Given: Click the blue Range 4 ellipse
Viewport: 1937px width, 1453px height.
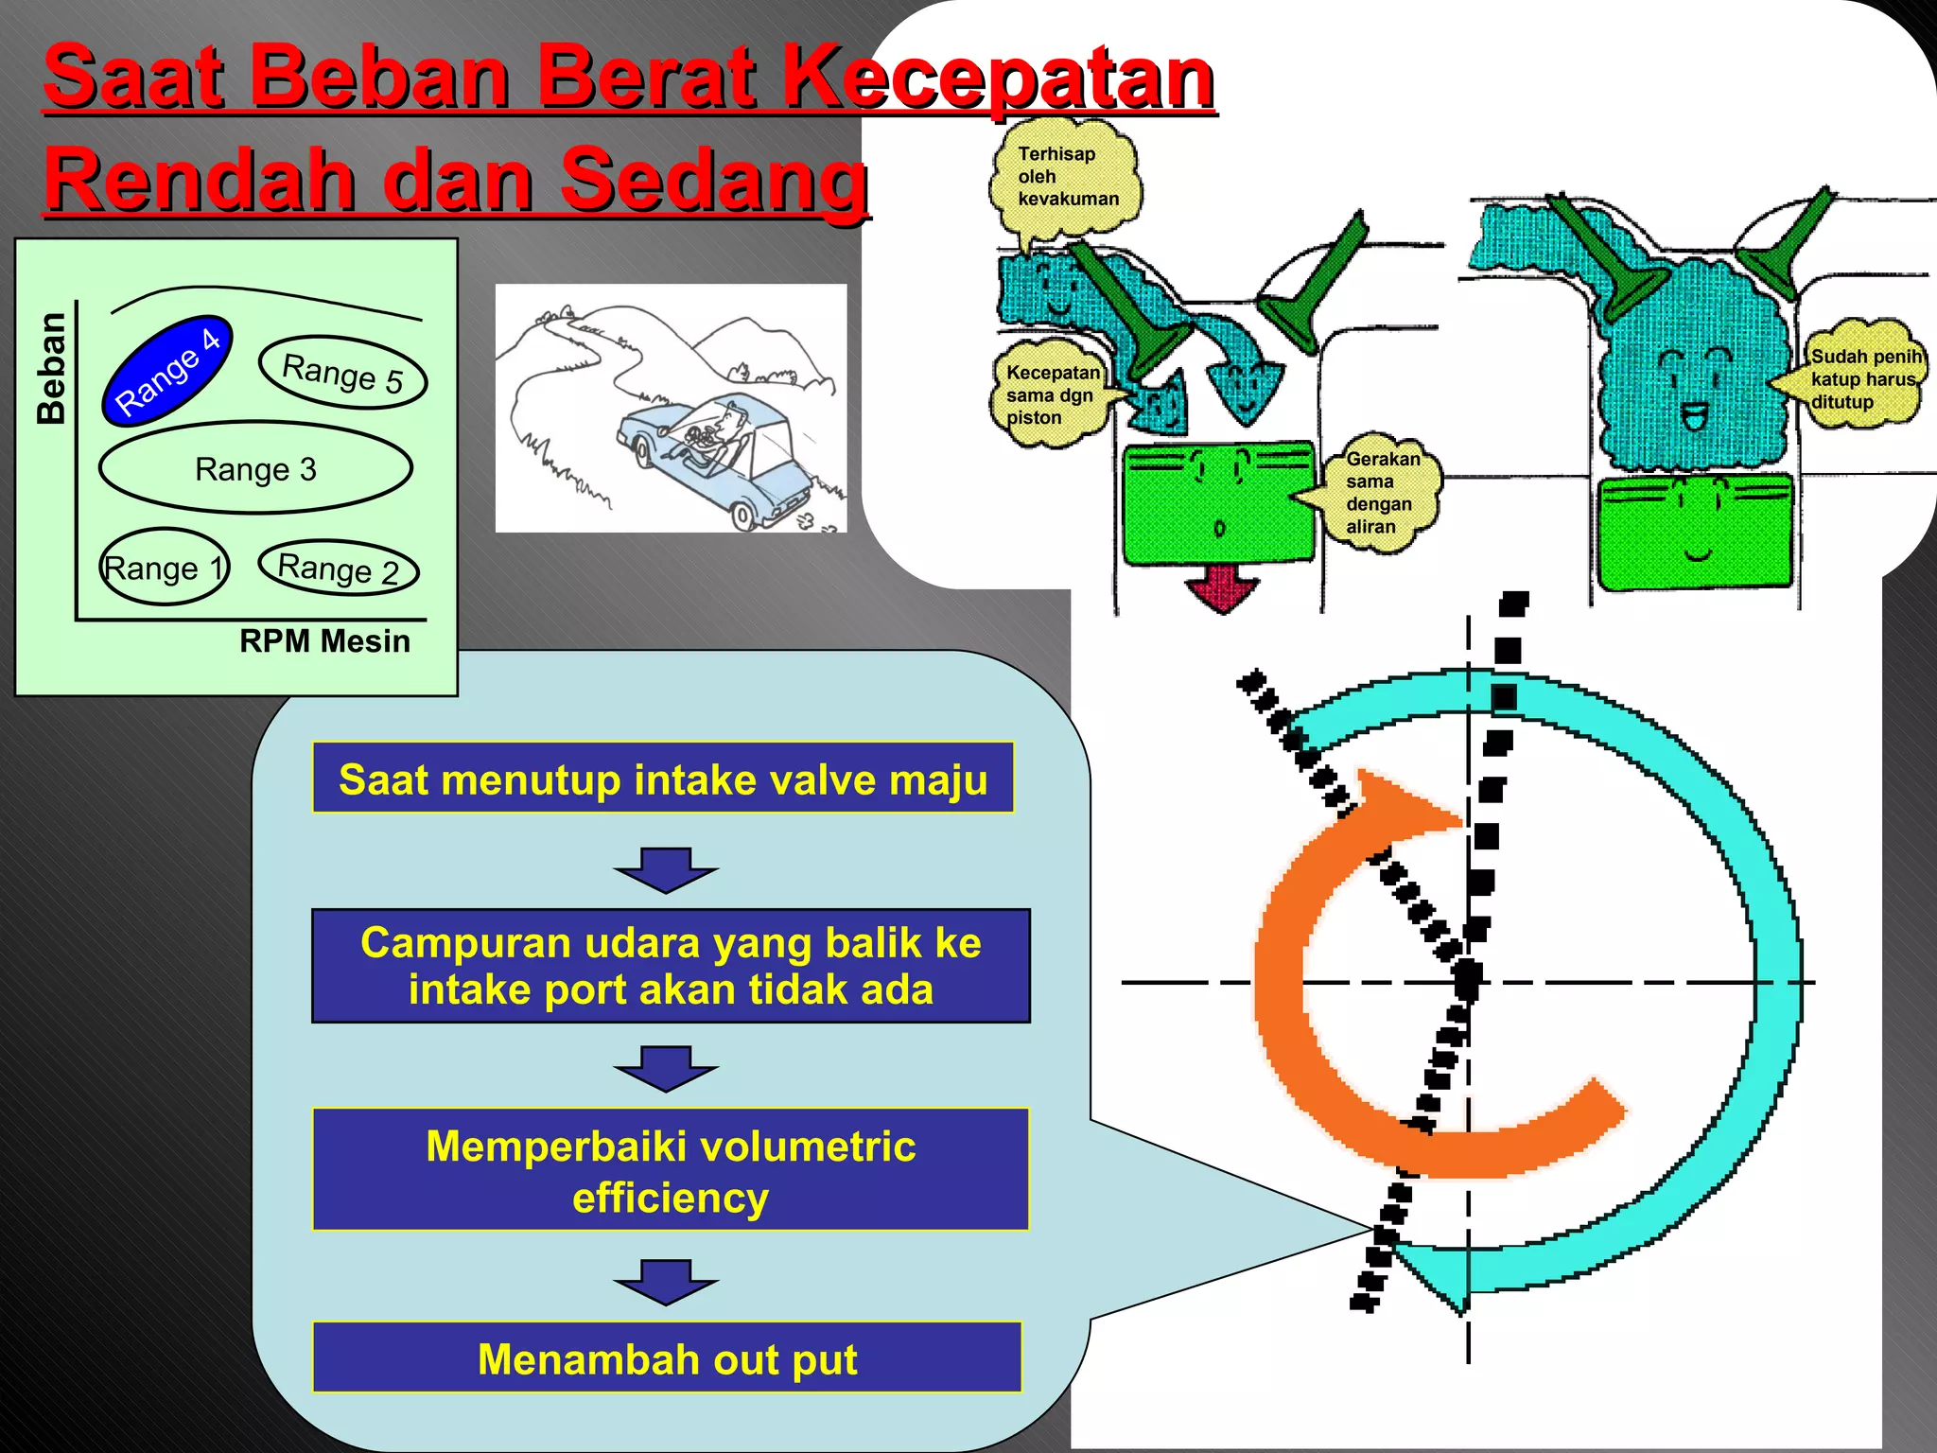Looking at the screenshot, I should (x=166, y=370).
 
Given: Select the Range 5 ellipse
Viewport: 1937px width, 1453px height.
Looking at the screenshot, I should (x=342, y=373).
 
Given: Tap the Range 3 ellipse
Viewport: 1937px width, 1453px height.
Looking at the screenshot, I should (x=255, y=468).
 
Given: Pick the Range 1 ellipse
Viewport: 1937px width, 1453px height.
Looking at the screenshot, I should (x=165, y=567).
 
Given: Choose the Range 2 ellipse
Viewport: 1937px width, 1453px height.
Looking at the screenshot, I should (x=339, y=569).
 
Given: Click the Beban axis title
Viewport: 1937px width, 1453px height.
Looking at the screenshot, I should (x=51, y=368).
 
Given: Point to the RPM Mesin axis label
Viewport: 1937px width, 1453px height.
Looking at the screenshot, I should (x=324, y=641).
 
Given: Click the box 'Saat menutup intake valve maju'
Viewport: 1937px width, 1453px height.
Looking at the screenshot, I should (x=663, y=779).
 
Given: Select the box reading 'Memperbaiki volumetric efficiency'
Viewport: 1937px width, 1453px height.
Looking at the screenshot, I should (x=670, y=1170).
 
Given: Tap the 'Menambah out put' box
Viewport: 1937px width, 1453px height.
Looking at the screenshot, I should (x=667, y=1357).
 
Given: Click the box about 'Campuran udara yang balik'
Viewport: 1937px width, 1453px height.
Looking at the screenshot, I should (x=671, y=966).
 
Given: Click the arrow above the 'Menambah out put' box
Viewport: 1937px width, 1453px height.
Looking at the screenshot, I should (x=666, y=1282).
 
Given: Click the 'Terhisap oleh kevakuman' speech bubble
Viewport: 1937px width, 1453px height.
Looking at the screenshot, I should (x=1066, y=178).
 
